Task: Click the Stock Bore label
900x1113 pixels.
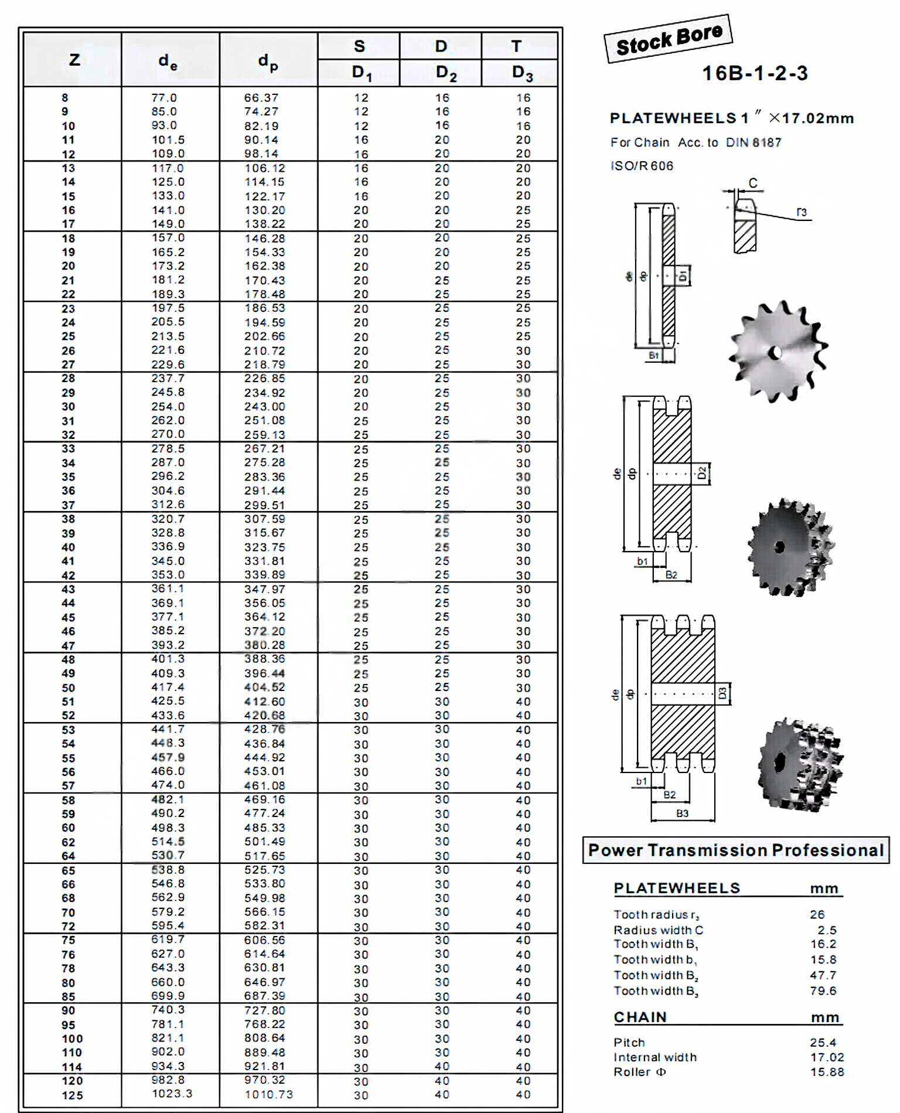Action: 669,39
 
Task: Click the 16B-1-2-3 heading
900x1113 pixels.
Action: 755,73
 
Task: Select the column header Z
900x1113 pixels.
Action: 74,60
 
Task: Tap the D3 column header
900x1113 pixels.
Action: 521,73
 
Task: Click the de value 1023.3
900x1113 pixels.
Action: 172,1094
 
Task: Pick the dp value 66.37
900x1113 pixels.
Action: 261,98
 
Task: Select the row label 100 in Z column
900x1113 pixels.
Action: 72,1039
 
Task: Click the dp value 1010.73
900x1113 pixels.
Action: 268,1094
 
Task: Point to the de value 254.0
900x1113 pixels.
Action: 168,406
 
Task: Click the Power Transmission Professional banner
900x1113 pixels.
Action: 735,850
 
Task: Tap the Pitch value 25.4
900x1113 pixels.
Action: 823,1042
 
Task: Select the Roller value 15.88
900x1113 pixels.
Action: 827,1071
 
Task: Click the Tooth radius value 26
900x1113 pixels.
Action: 817,914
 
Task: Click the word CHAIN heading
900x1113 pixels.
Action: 640,1017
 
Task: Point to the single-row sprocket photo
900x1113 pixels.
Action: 778,352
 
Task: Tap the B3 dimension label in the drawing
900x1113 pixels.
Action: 682,814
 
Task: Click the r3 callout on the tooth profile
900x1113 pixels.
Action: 801,212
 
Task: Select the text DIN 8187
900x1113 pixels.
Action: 753,142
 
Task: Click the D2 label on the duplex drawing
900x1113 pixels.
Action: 702,473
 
